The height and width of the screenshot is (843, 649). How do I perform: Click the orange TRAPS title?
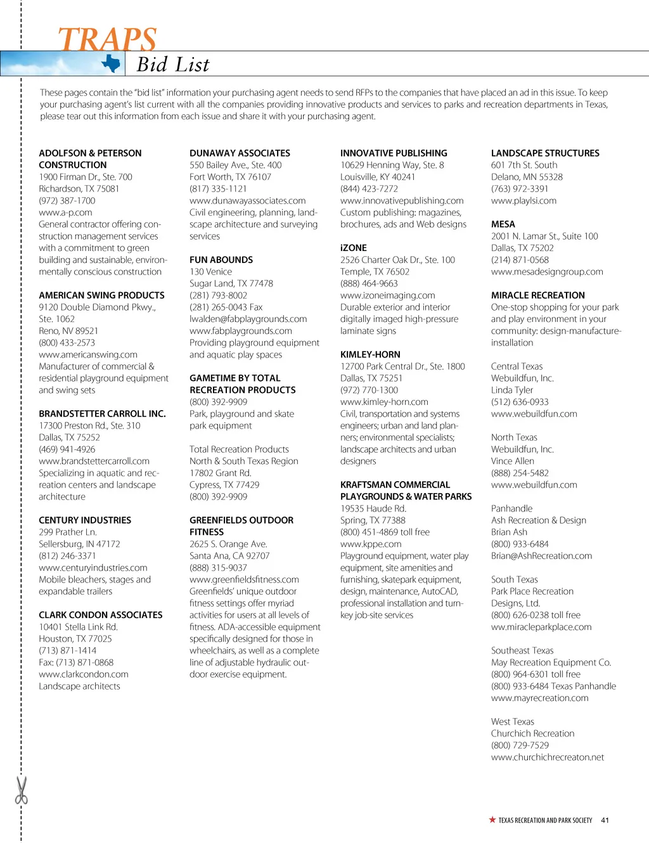(x=107, y=39)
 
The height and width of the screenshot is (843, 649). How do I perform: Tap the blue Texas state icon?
(x=112, y=63)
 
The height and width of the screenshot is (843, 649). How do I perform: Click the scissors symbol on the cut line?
(x=22, y=790)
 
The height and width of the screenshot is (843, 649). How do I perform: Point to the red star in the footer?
(x=492, y=820)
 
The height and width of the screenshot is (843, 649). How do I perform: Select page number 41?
(x=605, y=820)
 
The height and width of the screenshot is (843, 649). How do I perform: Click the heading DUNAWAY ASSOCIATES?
(x=240, y=153)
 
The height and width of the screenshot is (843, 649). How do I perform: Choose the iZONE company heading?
(x=354, y=248)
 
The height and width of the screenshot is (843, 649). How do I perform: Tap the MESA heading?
(x=503, y=224)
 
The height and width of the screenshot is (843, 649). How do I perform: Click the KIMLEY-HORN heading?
(x=370, y=354)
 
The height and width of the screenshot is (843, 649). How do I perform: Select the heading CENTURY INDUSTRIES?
(x=85, y=520)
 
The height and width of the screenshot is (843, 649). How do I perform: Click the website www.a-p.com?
(x=65, y=212)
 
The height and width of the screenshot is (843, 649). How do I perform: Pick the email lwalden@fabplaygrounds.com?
(x=248, y=319)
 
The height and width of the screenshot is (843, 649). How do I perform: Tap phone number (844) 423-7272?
(x=369, y=189)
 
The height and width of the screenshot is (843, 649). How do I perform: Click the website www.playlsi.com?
(x=524, y=201)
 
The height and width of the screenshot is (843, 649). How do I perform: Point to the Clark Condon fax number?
(x=76, y=662)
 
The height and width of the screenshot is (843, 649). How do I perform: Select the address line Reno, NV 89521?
(x=68, y=331)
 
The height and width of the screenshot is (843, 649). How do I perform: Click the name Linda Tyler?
(x=512, y=390)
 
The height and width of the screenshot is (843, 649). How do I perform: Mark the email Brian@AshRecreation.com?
(x=541, y=556)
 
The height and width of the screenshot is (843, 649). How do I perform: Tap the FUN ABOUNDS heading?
(x=221, y=260)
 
